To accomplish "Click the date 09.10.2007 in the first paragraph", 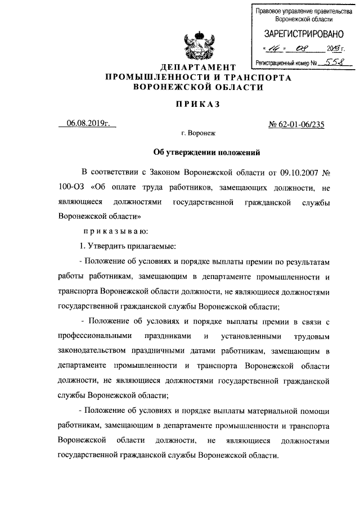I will click(x=304, y=170).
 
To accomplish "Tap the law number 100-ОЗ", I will click(x=70, y=186).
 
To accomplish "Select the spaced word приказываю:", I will click(x=116, y=231).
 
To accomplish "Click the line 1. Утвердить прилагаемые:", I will click(x=128, y=246).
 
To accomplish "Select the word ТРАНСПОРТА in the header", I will click(x=259, y=78).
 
